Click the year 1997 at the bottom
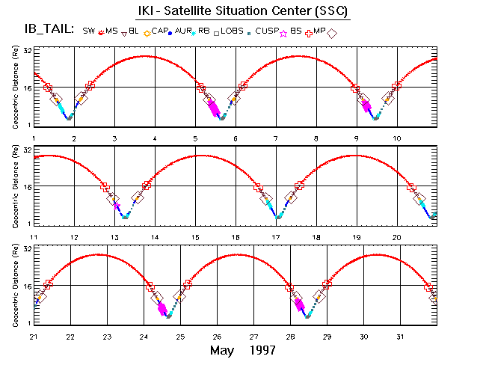point(263,350)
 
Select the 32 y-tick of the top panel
point(25,50)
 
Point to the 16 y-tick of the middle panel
point(25,187)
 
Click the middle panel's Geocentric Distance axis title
point(14,186)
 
